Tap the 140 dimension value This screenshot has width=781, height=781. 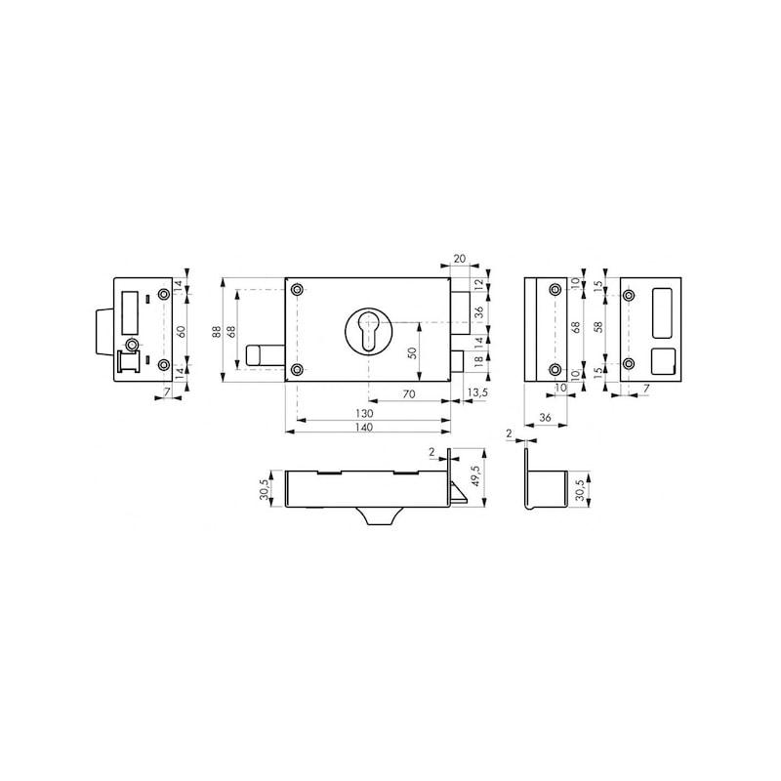click(365, 427)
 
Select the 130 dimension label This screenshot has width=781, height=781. click(365, 414)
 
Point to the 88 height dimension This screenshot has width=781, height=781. click(218, 331)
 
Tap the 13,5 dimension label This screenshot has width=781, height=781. click(478, 392)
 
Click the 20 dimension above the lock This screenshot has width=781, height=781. click(459, 260)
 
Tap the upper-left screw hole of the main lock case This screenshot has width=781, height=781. click(298, 289)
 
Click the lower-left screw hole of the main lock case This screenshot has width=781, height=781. click(298, 369)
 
